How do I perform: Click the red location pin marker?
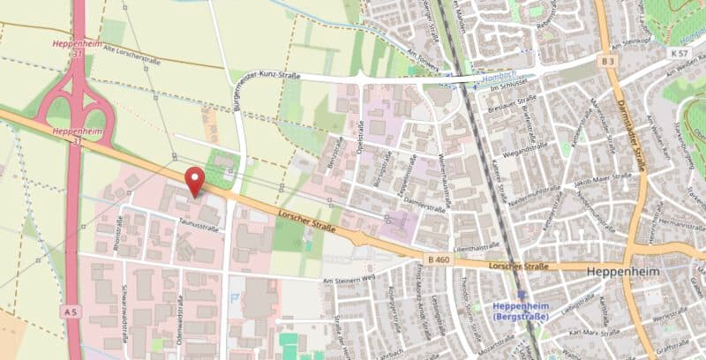coord(194,180)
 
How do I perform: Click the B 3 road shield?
coord(606,61)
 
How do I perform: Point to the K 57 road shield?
coord(677,55)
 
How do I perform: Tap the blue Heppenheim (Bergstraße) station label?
coord(527,311)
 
